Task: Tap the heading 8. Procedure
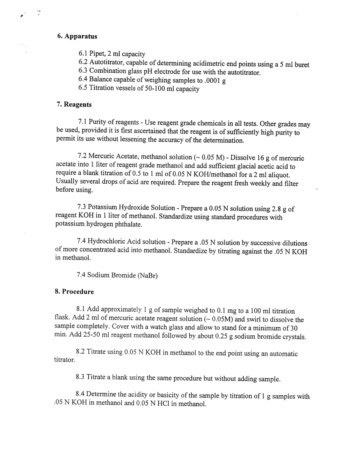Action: coord(74,292)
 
